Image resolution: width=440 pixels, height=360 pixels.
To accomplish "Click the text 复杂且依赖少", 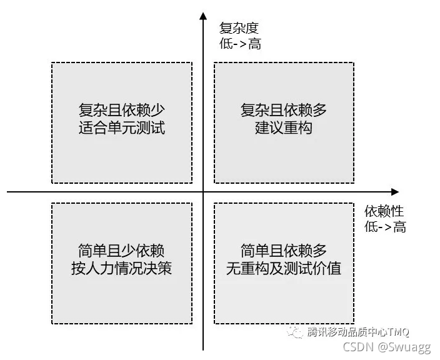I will click(x=121, y=111).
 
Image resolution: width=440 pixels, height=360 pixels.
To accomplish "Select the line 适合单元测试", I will click(x=121, y=129).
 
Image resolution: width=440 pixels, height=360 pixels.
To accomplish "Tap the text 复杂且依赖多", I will click(x=284, y=111).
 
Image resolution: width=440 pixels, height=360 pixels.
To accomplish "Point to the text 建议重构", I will click(x=284, y=129).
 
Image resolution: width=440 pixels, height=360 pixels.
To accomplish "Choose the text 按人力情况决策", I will click(x=121, y=269).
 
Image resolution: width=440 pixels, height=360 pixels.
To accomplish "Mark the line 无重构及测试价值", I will click(x=284, y=269).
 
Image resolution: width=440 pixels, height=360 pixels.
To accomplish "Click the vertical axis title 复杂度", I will click(x=239, y=28).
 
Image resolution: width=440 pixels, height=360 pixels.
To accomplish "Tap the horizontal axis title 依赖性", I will click(x=384, y=211).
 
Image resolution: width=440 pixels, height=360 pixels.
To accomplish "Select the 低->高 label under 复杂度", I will click(x=240, y=44).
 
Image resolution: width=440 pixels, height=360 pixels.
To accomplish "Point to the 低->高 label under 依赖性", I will click(x=385, y=227).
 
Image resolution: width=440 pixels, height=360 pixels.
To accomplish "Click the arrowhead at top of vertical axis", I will click(x=203, y=15).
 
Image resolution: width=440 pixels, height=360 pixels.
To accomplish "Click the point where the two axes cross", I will click(x=203, y=191).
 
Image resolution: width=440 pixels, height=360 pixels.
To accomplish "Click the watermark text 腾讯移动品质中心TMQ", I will click(x=358, y=332).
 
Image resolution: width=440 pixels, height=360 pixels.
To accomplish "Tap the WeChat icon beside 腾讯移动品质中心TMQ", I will click(x=294, y=332).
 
